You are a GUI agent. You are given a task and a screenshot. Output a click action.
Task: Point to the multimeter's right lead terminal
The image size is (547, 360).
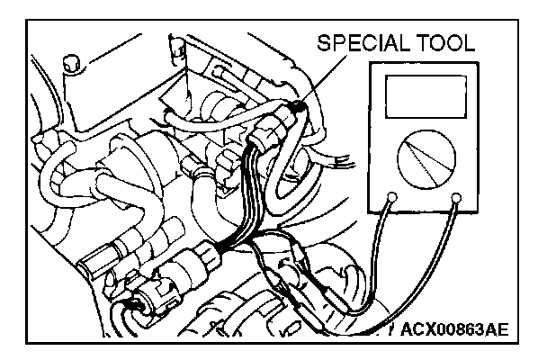click(458, 196)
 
